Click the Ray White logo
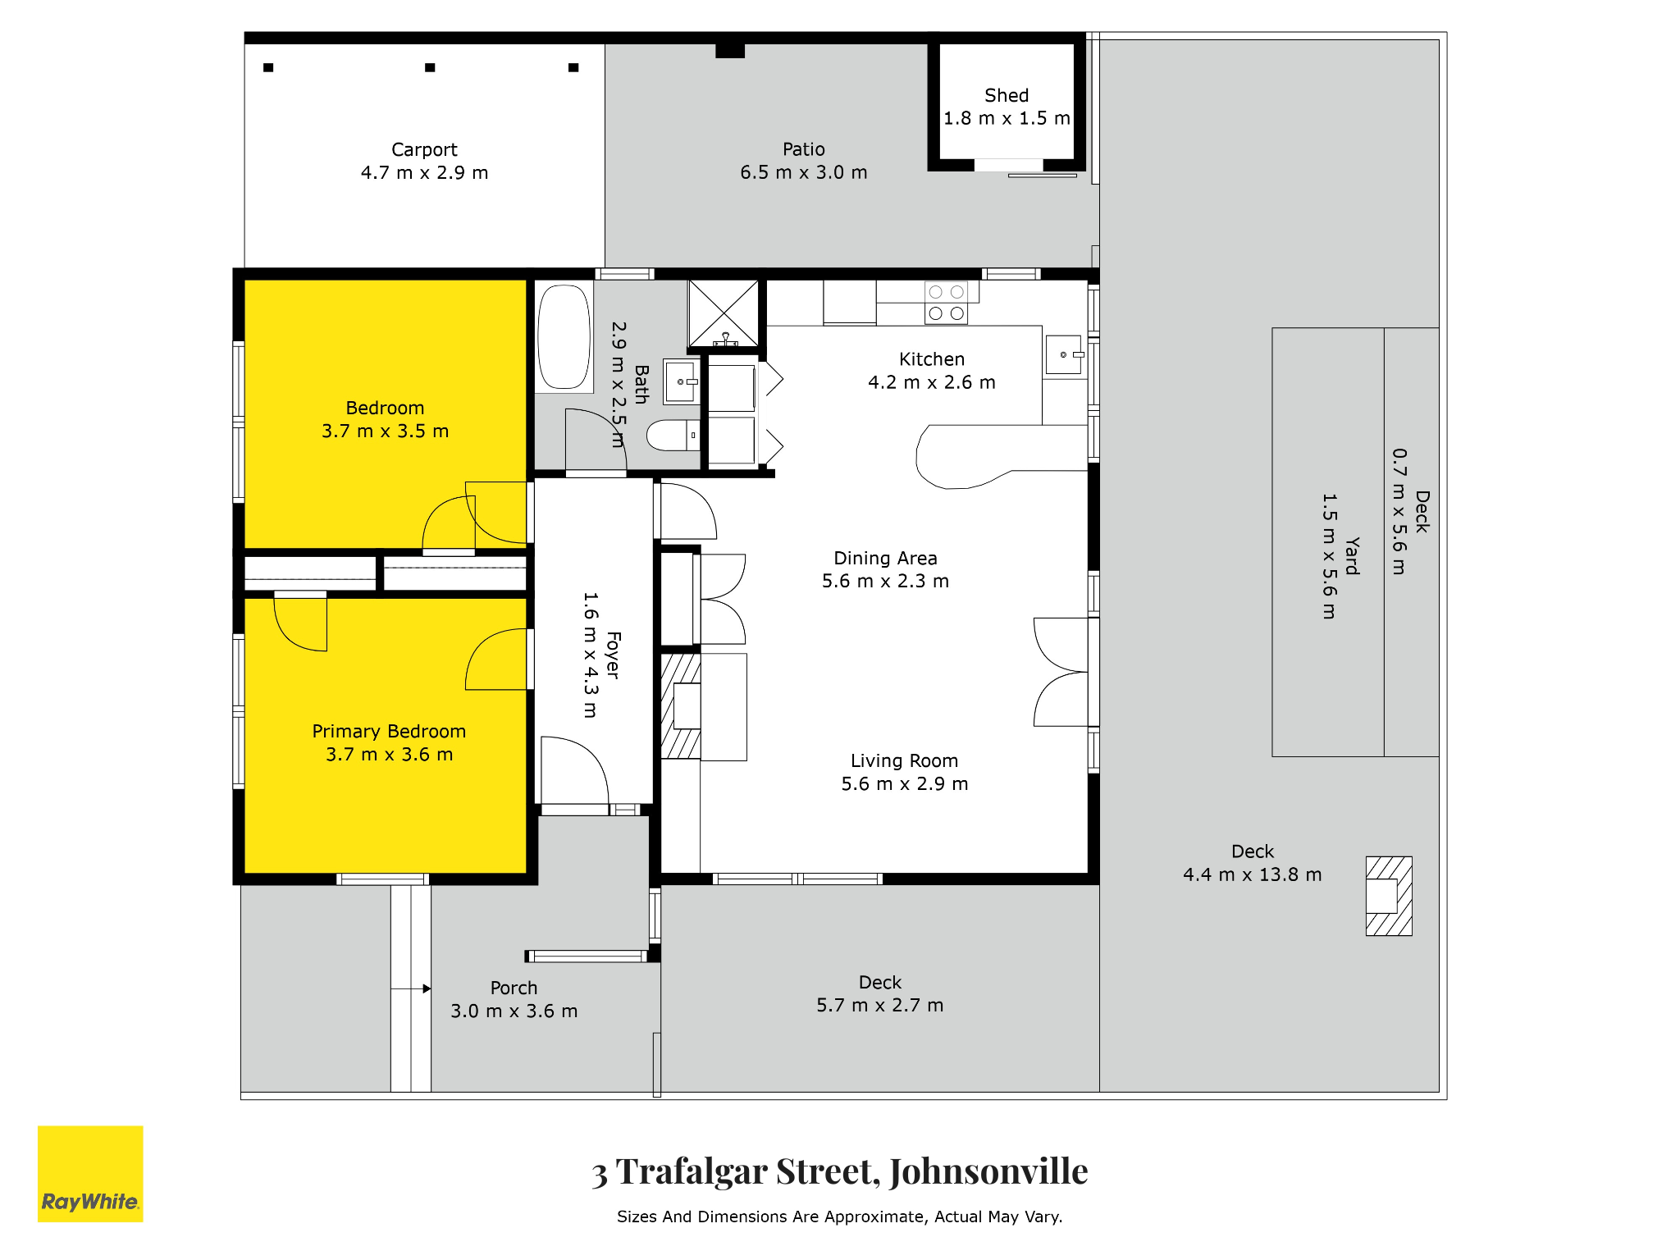coord(90,1173)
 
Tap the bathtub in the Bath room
coord(564,336)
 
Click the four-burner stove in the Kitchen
coord(946,303)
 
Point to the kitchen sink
coord(1064,354)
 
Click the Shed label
coord(1007,95)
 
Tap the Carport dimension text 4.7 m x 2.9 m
coord(424,172)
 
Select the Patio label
coord(804,149)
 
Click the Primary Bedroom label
coord(389,731)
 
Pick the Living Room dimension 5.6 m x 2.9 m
coord(905,783)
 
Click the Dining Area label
coord(885,558)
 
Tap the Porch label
coord(514,988)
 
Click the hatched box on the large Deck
coord(1389,896)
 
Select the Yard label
coord(1352,556)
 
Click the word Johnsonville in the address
coord(988,1171)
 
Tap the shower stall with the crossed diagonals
coord(724,314)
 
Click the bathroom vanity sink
coord(682,381)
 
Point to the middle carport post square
coord(430,67)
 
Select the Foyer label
coord(613,655)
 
